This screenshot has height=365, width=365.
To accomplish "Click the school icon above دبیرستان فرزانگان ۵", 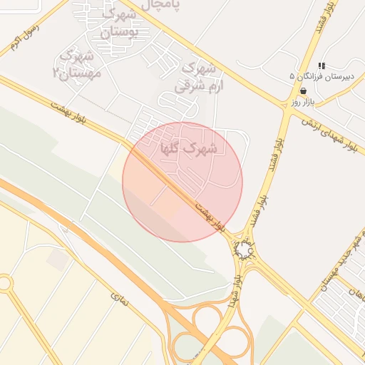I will (322, 66).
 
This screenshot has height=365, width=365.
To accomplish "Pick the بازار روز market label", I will (304, 103).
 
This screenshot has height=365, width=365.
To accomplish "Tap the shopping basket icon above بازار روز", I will (304, 92).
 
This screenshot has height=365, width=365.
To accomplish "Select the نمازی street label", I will (120, 299).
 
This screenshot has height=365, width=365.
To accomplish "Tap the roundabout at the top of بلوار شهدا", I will (245, 249).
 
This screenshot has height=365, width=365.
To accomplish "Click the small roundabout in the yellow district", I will (4, 284).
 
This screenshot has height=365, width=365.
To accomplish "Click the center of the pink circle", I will (182, 182).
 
